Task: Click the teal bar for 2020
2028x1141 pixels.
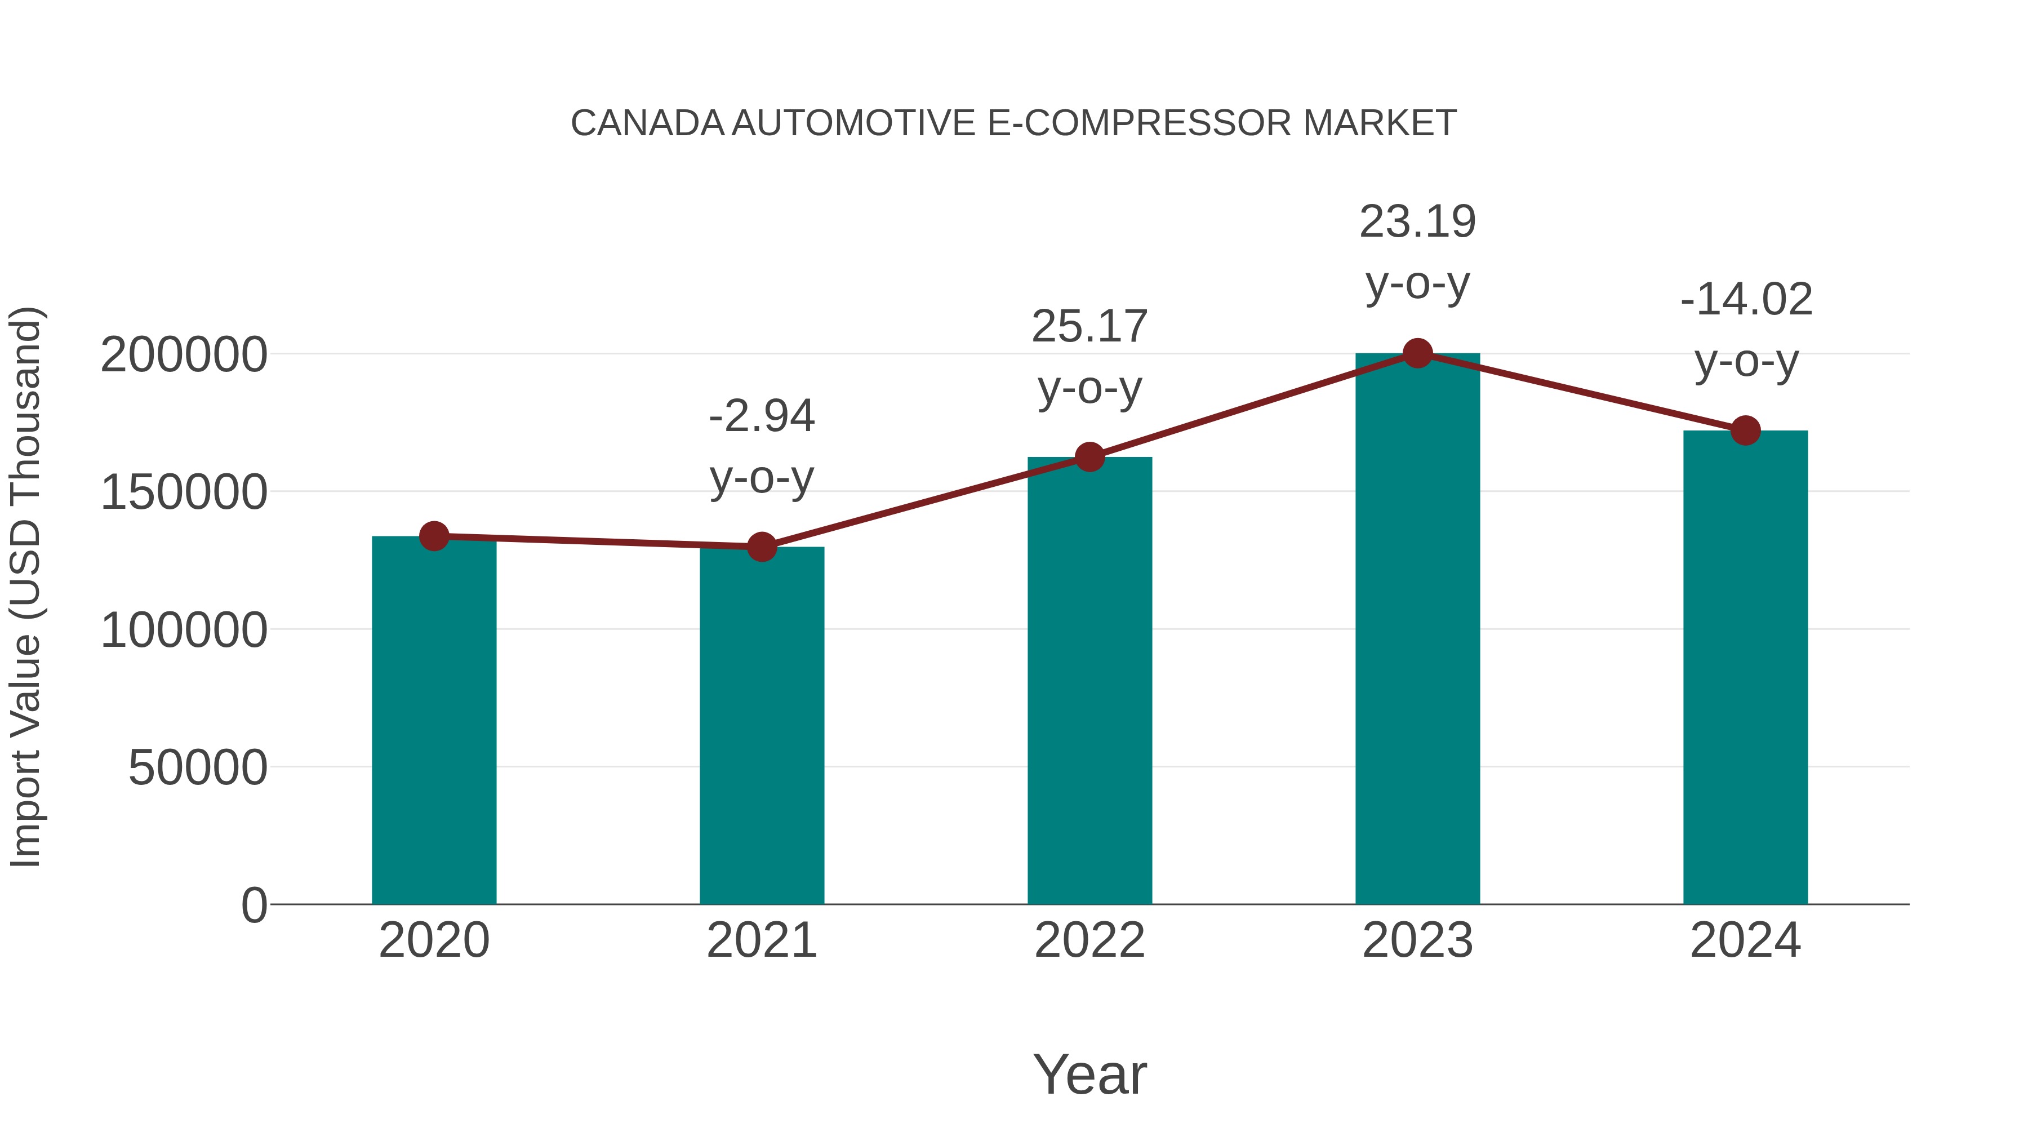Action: [x=434, y=721]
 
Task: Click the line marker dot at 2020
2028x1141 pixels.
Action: [x=434, y=536]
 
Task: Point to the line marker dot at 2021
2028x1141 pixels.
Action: [x=761, y=547]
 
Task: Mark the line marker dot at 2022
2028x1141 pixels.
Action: [x=1089, y=457]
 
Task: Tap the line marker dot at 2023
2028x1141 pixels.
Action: [x=1417, y=353]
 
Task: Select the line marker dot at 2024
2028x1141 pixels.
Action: [x=1745, y=430]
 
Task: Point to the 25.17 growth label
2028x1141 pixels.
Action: [x=1089, y=357]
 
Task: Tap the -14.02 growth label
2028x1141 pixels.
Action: [x=1745, y=330]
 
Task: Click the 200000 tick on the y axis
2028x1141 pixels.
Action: [x=184, y=355]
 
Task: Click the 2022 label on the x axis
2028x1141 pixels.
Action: [x=1089, y=940]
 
